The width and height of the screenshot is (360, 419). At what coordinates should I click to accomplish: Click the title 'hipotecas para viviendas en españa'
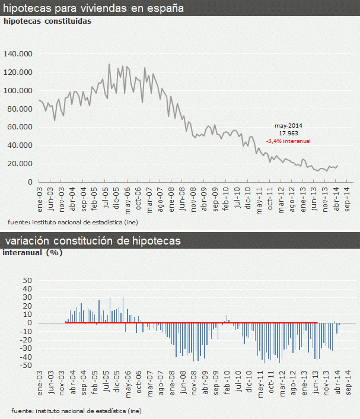click(94, 8)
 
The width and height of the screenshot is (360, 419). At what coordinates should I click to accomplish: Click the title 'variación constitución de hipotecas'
click(93, 241)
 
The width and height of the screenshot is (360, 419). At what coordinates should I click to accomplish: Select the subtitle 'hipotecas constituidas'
click(47, 21)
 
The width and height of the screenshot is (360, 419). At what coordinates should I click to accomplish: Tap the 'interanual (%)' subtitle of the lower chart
click(33, 252)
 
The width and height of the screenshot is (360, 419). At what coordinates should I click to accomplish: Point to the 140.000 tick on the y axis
click(18, 54)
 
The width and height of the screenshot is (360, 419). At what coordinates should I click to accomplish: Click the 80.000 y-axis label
click(20, 109)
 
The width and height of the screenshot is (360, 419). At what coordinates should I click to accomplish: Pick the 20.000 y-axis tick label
click(20, 164)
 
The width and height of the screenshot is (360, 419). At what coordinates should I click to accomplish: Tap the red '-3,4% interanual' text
click(289, 141)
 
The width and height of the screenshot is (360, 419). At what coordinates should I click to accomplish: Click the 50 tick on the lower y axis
click(26, 280)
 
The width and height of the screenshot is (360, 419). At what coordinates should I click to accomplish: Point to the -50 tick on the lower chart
click(25, 366)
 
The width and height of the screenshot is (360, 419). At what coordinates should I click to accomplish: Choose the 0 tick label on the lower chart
click(28, 323)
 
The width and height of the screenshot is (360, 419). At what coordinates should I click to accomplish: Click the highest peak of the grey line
click(109, 64)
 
